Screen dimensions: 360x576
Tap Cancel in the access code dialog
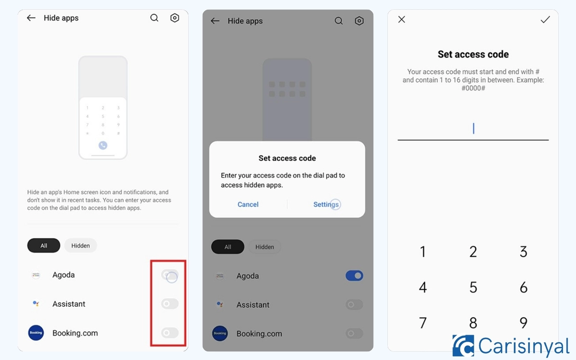248,204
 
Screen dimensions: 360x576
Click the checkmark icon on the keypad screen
545,20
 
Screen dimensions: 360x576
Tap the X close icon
402,19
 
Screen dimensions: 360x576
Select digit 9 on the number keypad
523,323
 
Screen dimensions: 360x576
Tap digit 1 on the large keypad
423,252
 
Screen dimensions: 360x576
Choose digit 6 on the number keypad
523,287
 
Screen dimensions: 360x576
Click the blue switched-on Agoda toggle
354,276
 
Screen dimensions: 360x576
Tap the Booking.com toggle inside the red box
170,333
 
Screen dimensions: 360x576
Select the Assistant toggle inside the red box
170,304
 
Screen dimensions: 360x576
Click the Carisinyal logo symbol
463,346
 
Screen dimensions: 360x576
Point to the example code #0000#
473,88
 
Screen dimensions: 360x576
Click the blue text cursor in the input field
473,128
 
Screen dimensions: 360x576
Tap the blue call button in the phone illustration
103,145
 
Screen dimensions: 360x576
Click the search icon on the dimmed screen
339,21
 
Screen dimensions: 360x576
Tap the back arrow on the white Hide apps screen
31,18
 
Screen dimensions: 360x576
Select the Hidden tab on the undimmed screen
81,246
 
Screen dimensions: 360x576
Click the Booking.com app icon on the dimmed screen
220,334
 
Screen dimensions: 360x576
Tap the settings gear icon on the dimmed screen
359,21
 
